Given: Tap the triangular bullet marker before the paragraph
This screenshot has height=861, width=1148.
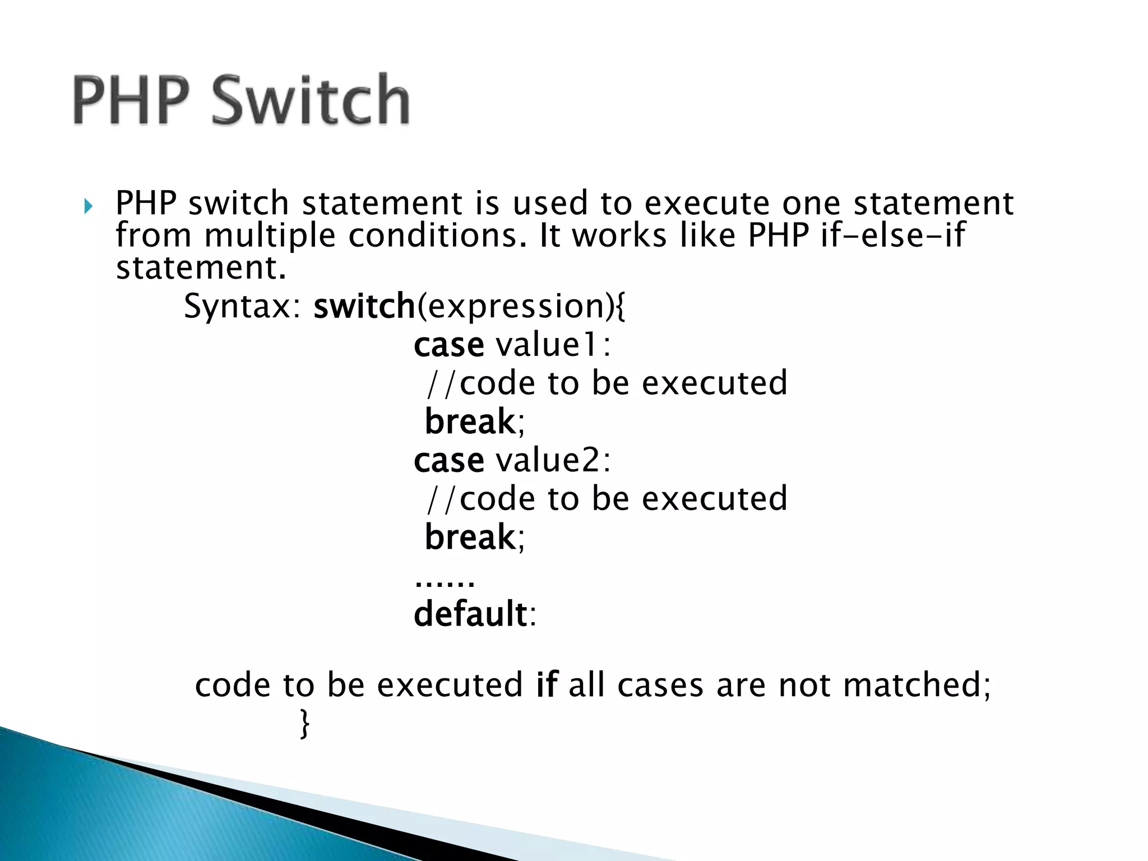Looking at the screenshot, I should (87, 207).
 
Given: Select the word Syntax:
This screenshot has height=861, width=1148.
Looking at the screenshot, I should (243, 307).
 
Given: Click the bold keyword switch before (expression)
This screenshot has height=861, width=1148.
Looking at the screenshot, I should (364, 307).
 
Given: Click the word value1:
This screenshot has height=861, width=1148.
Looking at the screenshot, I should (553, 344).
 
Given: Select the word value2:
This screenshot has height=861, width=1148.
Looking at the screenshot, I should (553, 460).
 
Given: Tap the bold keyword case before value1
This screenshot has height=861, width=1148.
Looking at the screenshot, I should (448, 345).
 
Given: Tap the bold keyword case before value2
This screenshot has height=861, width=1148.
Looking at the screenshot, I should (448, 461).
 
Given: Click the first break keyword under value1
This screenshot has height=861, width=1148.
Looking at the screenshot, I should (470, 422).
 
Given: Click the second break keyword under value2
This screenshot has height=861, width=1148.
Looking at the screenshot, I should (470, 537).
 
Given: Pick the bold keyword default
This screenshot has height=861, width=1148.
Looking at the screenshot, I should (470, 614).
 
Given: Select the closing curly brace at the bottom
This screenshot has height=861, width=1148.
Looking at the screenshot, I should (304, 724).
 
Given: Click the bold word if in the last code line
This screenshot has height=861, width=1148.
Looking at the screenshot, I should (547, 685).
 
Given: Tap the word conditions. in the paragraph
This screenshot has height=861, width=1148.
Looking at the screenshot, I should (438, 235).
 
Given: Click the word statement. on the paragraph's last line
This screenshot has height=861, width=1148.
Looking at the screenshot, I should (201, 267).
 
